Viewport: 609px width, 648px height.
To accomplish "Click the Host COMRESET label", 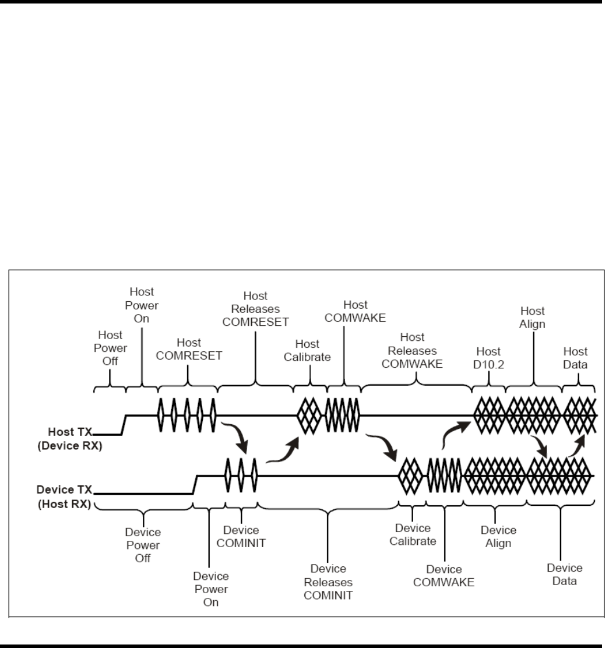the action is tap(189, 349).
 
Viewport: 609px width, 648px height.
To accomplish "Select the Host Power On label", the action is tap(142, 305).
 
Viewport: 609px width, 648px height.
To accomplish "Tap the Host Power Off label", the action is tap(110, 348).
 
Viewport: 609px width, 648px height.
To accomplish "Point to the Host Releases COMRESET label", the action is tap(255, 309).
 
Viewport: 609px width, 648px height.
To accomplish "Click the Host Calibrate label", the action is tap(307, 350).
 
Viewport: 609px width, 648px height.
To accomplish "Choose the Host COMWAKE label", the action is tap(355, 311).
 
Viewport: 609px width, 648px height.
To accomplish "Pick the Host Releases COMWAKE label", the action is tap(412, 350).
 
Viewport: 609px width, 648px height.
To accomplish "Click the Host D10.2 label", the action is tap(488, 358).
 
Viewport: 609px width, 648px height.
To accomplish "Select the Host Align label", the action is tap(532, 318).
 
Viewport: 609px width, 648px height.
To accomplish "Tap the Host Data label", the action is tap(575, 358).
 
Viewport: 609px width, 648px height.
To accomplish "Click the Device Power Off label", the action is tap(143, 545).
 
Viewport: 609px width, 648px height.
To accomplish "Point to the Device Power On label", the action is tap(211, 589).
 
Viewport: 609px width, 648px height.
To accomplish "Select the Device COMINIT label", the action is tap(241, 537).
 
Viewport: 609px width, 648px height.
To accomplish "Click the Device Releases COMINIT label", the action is tap(328, 582).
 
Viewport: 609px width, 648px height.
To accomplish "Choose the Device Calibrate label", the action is tap(413, 534).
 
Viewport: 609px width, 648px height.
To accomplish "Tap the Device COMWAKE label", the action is tap(443, 576).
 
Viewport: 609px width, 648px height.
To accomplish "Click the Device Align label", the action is tap(498, 537).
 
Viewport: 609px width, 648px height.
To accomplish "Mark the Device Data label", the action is tap(564, 574).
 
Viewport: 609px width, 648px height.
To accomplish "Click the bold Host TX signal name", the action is tap(70, 432).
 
